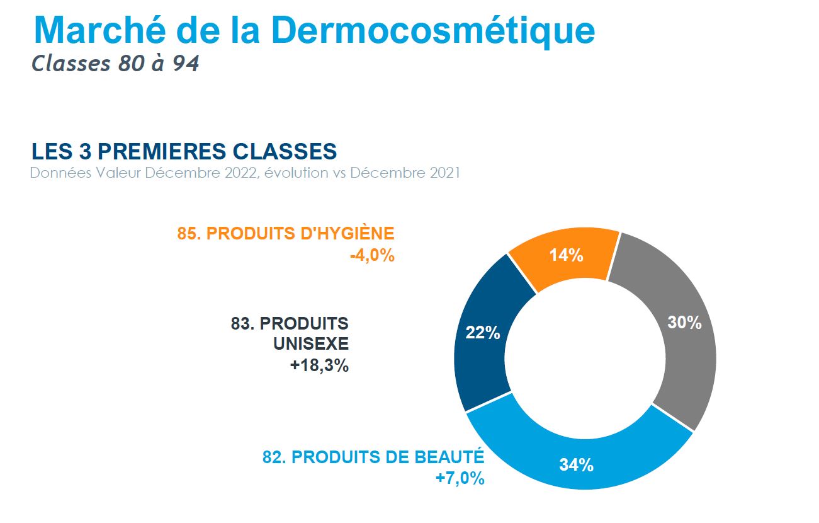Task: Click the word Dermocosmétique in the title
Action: (x=433, y=31)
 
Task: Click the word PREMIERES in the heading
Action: (x=162, y=151)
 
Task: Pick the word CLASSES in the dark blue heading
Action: (x=285, y=151)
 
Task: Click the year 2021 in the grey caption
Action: (x=444, y=173)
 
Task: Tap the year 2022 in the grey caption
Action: (x=241, y=173)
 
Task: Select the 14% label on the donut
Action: (x=567, y=255)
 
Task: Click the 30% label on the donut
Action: (x=684, y=323)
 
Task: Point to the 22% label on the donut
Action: (x=483, y=333)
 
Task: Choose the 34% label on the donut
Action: (x=576, y=465)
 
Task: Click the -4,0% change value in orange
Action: (x=372, y=255)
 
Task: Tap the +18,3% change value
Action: (x=320, y=365)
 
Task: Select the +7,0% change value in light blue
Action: (x=460, y=478)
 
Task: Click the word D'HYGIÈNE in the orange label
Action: (x=347, y=233)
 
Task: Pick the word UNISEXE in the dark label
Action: (x=311, y=343)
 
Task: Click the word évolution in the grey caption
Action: (x=296, y=173)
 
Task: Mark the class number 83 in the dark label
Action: (x=242, y=323)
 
